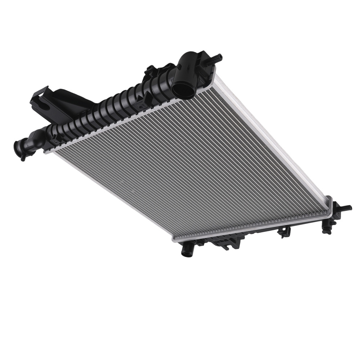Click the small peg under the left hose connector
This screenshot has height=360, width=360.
[x=23, y=157]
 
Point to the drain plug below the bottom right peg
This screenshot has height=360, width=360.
[x=327, y=230]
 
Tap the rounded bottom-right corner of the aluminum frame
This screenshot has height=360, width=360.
[x=328, y=202]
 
